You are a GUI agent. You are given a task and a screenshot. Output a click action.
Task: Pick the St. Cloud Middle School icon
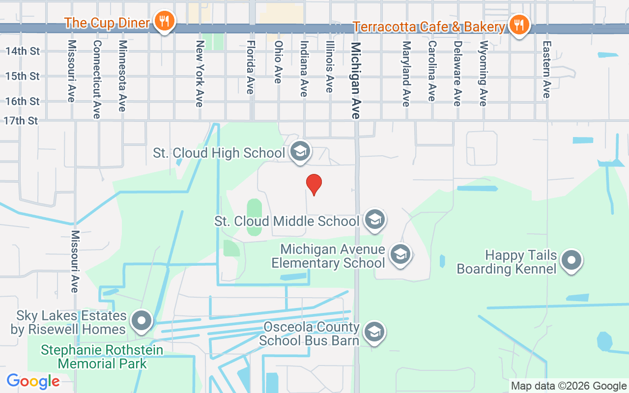coord(375,220)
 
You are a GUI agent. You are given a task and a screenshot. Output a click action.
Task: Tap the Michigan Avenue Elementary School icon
coord(400,254)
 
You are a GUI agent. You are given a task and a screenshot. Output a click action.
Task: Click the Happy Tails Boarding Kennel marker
coord(572,260)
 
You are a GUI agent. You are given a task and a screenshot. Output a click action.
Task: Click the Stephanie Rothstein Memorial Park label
coord(102,357)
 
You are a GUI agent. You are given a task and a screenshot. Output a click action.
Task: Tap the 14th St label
coord(22,51)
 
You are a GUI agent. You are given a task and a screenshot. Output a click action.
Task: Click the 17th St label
coord(21,121)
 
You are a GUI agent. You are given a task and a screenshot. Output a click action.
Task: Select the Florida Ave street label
coord(251,67)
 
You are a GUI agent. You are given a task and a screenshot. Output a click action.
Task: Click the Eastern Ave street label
coord(546,69)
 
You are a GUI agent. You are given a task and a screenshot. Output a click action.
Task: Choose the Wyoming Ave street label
coord(483,73)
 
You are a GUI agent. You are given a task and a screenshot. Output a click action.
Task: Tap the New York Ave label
coord(200,73)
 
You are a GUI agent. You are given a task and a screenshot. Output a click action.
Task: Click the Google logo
coord(33,381)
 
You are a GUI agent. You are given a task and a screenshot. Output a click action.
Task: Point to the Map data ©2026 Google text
coord(569,386)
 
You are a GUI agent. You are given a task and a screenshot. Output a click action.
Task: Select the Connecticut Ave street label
coord(97,79)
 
